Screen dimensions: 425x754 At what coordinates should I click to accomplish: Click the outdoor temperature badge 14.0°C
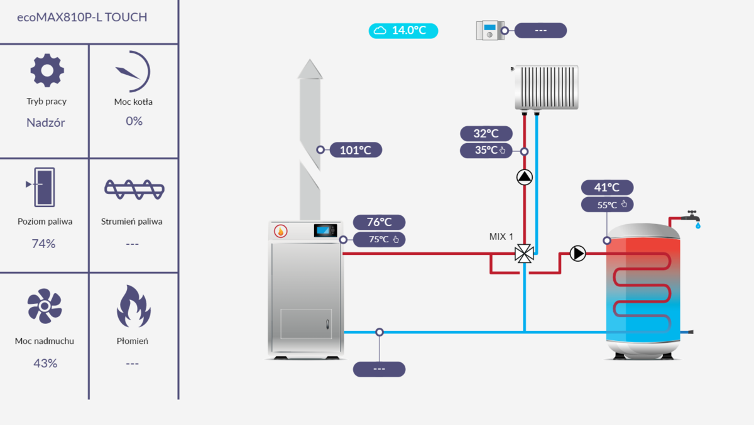tap(403, 30)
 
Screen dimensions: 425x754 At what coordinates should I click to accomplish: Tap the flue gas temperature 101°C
tap(356, 150)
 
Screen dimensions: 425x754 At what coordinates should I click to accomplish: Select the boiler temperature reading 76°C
tap(380, 222)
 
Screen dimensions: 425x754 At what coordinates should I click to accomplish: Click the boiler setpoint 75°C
tap(380, 239)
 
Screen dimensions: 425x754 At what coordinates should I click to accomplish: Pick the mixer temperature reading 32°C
tap(486, 134)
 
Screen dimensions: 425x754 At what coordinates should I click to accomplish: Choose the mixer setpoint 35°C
tap(486, 151)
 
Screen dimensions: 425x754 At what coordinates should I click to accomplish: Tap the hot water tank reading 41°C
tap(607, 187)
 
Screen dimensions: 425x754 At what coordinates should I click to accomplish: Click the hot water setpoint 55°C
tap(607, 204)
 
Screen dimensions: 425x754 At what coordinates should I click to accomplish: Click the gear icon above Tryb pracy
tap(46, 70)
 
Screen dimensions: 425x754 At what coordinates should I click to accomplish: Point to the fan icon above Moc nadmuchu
tap(44, 306)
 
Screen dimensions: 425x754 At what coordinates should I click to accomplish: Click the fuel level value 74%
tap(44, 244)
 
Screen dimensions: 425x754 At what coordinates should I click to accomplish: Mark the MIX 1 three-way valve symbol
tap(524, 254)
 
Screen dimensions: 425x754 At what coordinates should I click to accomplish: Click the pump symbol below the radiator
tap(524, 177)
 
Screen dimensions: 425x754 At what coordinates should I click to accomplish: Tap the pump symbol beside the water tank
tap(577, 254)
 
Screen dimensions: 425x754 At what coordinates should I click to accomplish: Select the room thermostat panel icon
tap(490, 30)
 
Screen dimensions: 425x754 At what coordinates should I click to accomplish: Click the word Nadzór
tap(46, 123)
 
